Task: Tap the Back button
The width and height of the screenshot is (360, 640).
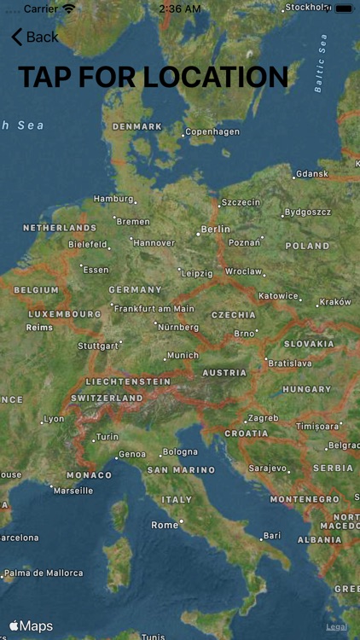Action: [x=35, y=37]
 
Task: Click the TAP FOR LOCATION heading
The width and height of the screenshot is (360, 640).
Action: [x=154, y=77]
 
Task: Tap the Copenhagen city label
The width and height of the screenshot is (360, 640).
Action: [x=212, y=132]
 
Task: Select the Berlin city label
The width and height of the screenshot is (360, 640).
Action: [x=215, y=230]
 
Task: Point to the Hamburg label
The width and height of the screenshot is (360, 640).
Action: [x=113, y=199]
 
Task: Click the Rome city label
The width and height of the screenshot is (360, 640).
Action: [x=165, y=525]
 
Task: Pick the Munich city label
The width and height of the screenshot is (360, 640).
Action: [x=183, y=355]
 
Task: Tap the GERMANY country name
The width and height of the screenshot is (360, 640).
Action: [x=135, y=289]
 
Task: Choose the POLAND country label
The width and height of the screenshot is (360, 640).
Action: [x=307, y=246]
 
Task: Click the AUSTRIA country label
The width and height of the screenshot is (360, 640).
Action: [x=224, y=373]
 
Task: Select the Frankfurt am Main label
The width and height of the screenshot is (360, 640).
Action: [x=154, y=308]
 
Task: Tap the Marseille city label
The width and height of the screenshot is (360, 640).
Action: [x=73, y=491]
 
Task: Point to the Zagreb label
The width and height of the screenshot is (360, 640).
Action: [x=262, y=418]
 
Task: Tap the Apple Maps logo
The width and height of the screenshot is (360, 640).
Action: [x=32, y=626]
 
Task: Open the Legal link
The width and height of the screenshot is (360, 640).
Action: [x=336, y=627]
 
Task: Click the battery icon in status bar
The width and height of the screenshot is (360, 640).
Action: [x=344, y=8]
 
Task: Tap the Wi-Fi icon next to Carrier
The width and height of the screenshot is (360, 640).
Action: [x=69, y=8]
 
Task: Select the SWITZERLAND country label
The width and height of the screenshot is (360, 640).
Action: [x=107, y=399]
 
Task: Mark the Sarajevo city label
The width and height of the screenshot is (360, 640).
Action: [x=269, y=468]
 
